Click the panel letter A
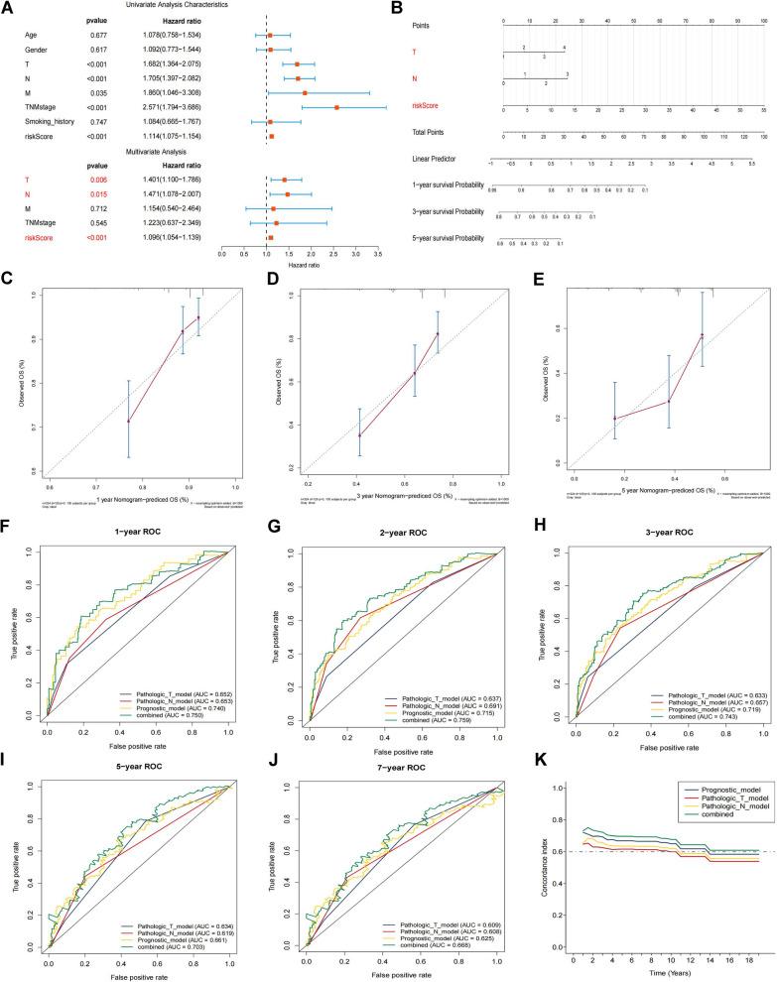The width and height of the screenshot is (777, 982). (8, 9)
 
